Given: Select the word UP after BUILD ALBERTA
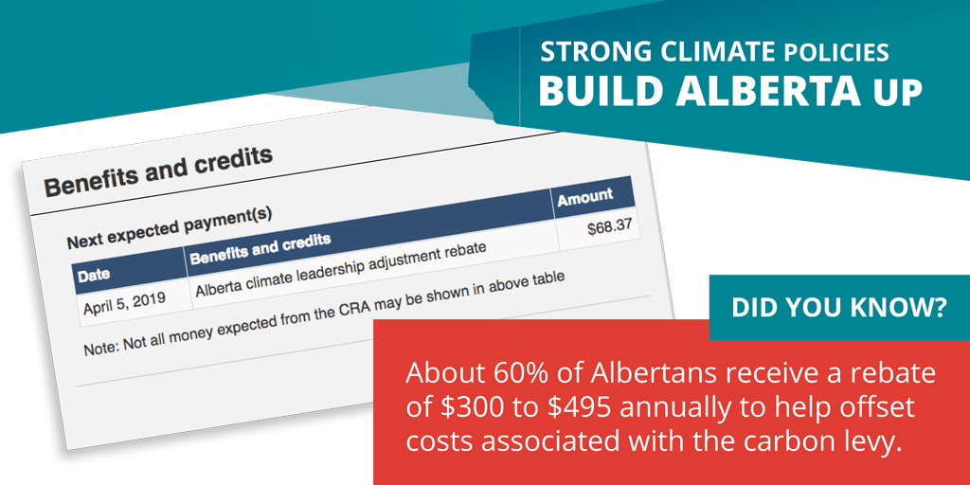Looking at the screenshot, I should coord(899,93).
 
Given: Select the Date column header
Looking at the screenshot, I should coord(94,275).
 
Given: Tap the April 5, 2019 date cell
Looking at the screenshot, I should coord(123,302).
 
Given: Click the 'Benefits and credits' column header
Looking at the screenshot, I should coord(260,248).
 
